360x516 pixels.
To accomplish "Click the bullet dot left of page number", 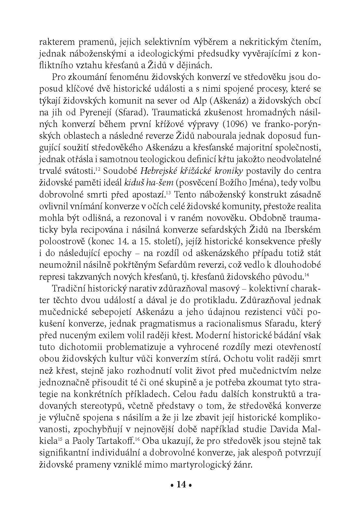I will pos(171,485).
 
